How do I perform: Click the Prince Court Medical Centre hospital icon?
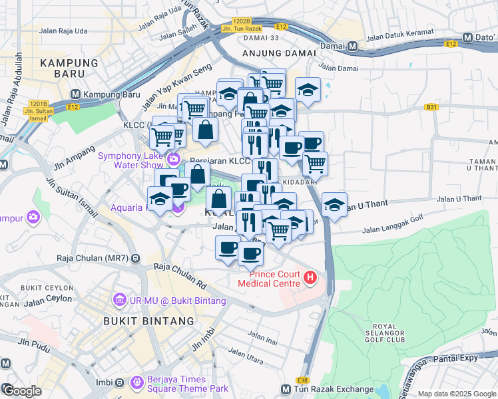[x=310, y=279]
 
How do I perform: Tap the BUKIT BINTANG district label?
[x=148, y=321]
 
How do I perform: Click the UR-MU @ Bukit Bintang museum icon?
[x=119, y=301]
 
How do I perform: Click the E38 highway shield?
[x=303, y=380]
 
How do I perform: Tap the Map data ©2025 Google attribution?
[x=457, y=394]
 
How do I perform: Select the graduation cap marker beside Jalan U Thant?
[x=334, y=204]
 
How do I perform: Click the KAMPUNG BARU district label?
[x=69, y=63]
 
